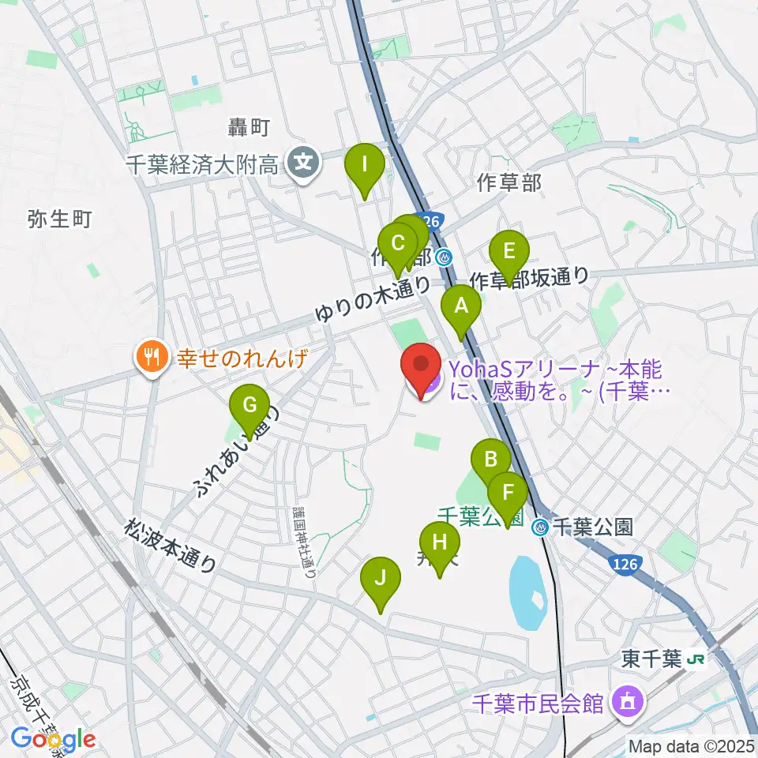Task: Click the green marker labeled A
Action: click(x=460, y=305)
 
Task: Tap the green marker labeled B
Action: click(x=491, y=459)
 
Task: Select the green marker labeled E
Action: click(x=509, y=252)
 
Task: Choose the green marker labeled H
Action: click(x=440, y=542)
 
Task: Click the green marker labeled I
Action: click(x=365, y=165)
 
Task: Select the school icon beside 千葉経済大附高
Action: click(x=302, y=164)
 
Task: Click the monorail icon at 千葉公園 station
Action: click(x=541, y=527)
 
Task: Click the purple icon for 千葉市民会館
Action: click(x=627, y=700)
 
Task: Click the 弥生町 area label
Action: click(x=59, y=219)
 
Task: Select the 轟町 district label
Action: click(x=250, y=127)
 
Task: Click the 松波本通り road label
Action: click(x=170, y=545)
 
